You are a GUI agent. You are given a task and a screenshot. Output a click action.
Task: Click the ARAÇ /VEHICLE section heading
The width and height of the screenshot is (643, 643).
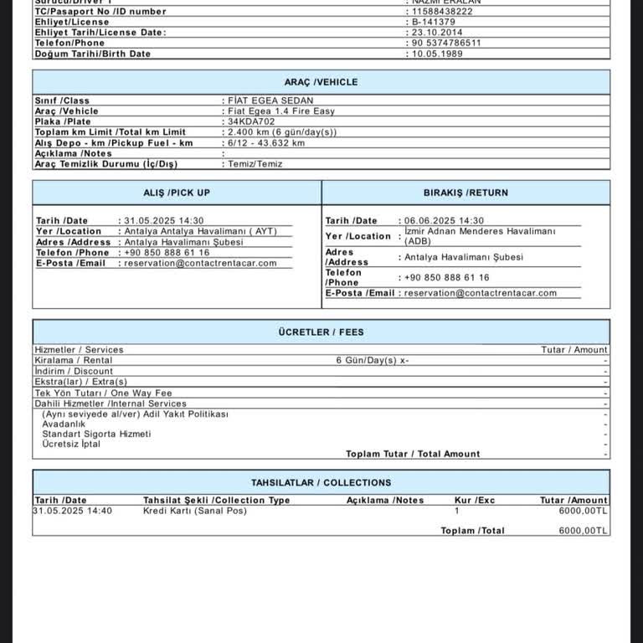coord(321,82)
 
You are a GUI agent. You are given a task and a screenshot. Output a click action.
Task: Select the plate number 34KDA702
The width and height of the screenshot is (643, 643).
coord(251,121)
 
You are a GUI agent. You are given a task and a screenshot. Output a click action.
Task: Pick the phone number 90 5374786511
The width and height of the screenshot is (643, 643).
coord(446,43)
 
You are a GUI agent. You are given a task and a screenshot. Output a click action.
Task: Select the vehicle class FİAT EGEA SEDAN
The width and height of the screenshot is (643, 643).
coord(270,100)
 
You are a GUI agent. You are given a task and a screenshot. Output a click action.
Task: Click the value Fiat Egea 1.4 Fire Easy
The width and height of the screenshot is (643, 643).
coord(281,111)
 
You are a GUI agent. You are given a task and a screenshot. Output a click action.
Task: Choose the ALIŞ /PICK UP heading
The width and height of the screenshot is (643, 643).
coord(177,193)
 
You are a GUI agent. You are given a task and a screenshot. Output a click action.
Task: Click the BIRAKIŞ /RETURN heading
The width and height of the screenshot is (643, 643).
coord(466,193)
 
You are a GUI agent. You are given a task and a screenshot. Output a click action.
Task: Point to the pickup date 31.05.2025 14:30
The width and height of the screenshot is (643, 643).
coord(164,221)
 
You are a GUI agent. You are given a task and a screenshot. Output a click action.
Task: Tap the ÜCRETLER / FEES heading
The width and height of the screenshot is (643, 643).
coord(321,332)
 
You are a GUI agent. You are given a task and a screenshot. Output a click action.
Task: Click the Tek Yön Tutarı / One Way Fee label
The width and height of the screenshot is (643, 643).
coord(103,393)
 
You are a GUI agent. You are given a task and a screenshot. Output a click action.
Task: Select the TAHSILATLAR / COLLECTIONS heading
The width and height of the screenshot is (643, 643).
coord(321,482)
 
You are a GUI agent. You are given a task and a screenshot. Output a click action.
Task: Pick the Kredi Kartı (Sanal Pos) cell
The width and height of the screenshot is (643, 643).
coord(195,511)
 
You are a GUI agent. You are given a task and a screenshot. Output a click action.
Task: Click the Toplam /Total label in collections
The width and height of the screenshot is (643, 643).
coord(472,531)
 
